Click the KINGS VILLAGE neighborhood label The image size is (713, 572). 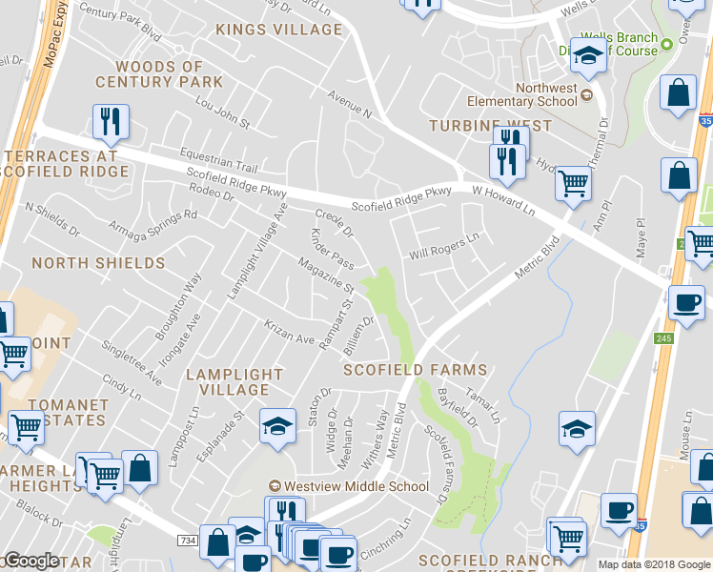pos(278,30)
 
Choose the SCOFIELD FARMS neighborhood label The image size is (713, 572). pos(415,370)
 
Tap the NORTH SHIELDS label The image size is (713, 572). pos(98,263)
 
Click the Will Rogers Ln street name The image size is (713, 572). pos(443,247)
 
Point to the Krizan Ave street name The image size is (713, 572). pos(289,333)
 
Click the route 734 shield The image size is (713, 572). pos(186,541)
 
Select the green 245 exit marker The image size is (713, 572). pos(663,338)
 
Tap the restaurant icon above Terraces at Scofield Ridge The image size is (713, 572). pos(111,120)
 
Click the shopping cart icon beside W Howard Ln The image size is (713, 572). pos(573,181)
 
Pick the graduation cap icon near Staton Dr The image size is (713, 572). pos(277,426)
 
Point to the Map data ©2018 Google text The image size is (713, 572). pos(654,564)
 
